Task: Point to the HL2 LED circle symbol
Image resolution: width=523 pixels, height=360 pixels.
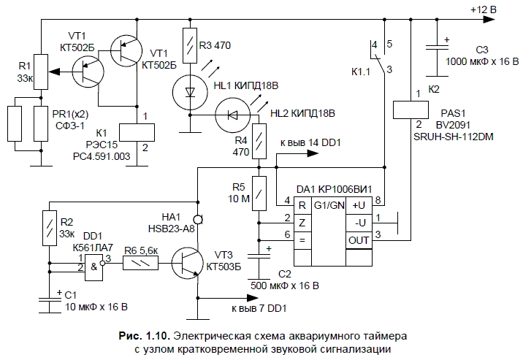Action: (232, 115)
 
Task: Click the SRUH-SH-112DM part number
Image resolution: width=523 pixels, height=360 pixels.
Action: (453, 136)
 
